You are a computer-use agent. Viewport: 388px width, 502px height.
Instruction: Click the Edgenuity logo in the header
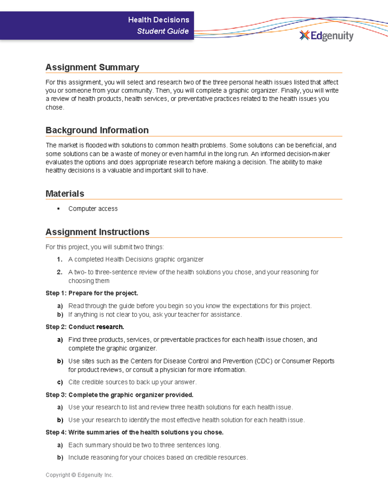click(327, 36)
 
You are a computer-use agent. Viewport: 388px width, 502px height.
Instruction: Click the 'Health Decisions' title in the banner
click(158, 20)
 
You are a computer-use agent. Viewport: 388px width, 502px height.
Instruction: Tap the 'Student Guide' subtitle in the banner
click(163, 31)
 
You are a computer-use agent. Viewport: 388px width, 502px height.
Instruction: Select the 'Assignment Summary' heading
click(92, 67)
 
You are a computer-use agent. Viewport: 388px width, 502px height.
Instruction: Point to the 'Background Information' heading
click(97, 130)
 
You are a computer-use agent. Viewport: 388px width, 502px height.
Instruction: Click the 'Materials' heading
click(65, 194)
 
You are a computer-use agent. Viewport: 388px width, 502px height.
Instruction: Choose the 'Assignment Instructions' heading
click(97, 232)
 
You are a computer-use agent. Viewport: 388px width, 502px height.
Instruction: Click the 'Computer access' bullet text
click(93, 209)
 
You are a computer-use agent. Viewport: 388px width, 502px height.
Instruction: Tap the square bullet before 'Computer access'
click(59, 209)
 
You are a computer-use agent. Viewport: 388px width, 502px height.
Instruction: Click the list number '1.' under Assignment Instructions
click(59, 260)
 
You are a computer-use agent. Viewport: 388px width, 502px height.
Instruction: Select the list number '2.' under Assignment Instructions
click(59, 272)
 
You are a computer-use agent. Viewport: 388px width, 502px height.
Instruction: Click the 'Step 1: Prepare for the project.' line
click(92, 293)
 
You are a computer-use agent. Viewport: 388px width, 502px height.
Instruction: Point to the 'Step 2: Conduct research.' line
click(85, 327)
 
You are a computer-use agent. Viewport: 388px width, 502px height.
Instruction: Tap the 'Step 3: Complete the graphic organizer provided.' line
click(119, 395)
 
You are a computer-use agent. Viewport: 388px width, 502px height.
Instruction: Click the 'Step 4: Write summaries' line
click(135, 433)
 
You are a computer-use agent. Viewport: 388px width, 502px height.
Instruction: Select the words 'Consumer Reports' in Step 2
click(308, 361)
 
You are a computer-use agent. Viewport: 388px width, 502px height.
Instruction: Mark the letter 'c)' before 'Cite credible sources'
click(60, 382)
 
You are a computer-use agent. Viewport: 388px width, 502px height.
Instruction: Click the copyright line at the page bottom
click(79, 475)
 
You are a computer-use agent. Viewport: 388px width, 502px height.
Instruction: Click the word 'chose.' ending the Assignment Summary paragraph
click(55, 108)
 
